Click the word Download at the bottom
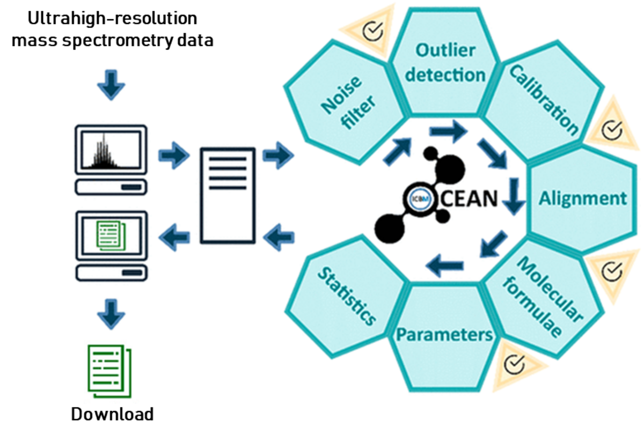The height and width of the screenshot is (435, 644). pos(112,414)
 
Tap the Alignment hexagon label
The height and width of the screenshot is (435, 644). pos(582,199)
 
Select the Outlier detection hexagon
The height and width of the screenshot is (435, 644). pos(445,62)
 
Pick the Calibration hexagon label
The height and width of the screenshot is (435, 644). pos(544,100)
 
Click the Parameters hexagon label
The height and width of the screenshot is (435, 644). pos(444,335)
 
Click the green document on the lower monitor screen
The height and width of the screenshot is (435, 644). pos(111,235)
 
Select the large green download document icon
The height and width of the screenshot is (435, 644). pos(109,371)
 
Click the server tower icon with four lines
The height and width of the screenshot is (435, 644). pos(228,195)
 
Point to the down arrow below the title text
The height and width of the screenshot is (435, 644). pos(111,85)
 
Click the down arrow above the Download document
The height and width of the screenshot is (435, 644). pos(111,314)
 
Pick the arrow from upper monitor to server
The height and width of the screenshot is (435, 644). pos(174,156)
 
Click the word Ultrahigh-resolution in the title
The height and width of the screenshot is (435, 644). pos(112,18)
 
